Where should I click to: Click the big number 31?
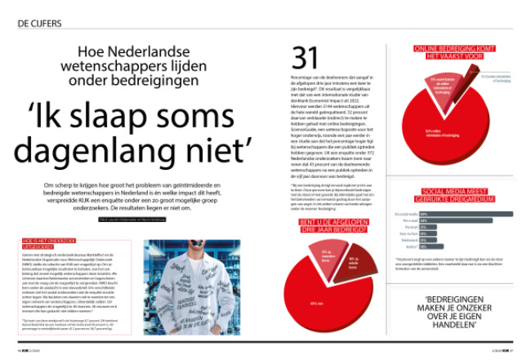click(x=306, y=58)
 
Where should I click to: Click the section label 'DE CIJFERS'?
click(x=39, y=24)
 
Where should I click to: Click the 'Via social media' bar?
click(x=466, y=213)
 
